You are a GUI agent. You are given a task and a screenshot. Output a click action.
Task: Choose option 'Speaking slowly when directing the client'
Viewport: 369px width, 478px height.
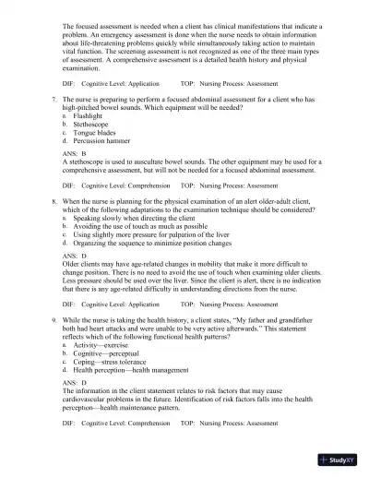137,244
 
